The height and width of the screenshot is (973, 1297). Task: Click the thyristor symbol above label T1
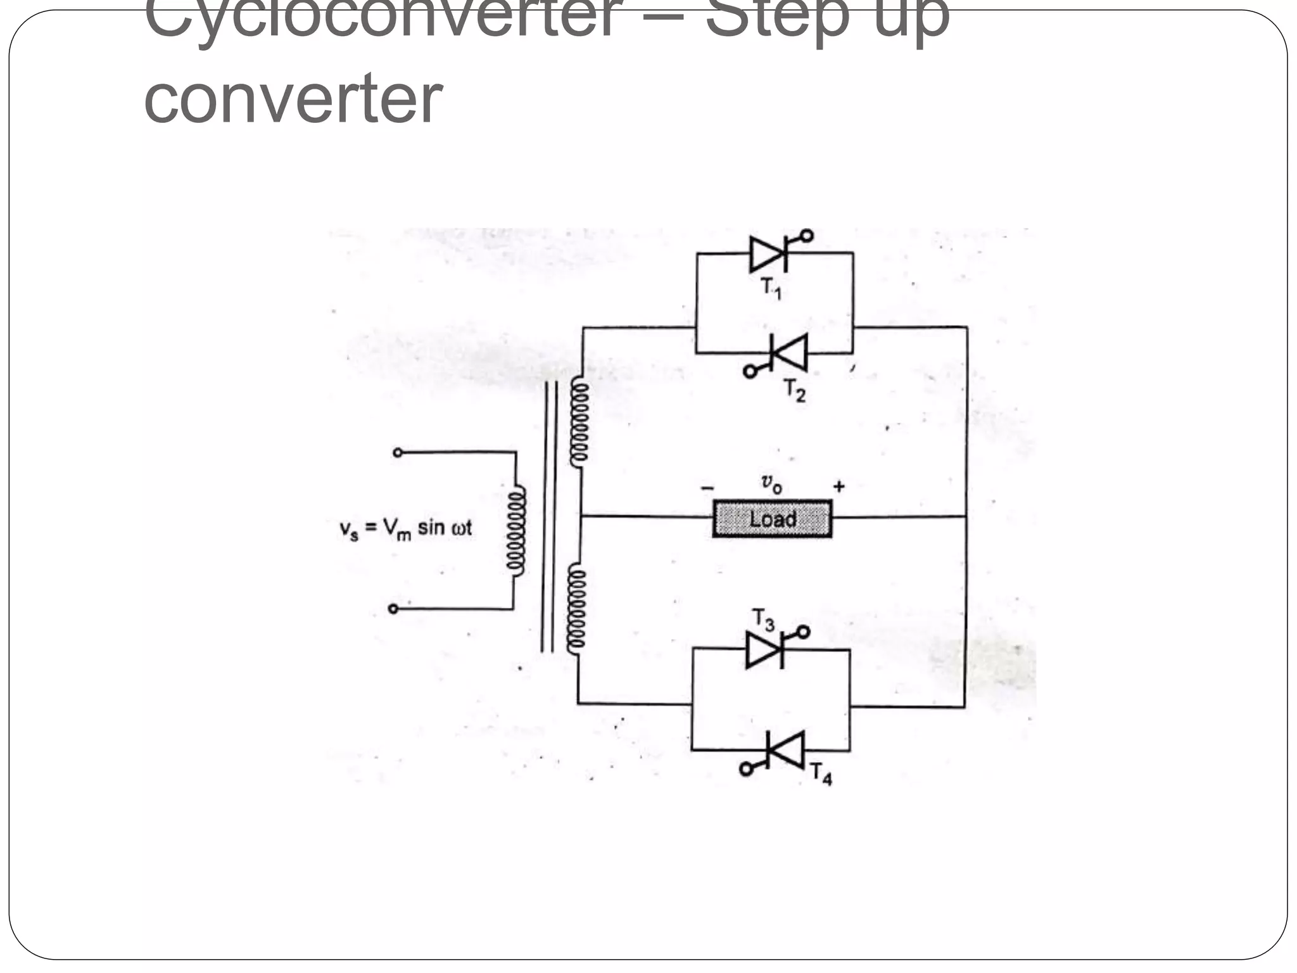768,253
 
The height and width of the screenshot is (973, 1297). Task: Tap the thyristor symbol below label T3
766,650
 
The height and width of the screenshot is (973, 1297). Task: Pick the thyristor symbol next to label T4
785,750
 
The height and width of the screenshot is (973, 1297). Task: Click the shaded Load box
772,519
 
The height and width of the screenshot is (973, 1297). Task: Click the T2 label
795,390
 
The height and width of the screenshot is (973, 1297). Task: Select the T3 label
764,620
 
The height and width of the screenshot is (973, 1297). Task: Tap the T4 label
821,773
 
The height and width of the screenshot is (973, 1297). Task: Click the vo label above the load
771,484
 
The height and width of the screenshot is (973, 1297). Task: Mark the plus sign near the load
839,486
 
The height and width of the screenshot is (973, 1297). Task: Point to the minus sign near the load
707,488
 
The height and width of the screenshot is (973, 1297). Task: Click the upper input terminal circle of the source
398,452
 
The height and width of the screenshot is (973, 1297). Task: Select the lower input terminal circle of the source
393,609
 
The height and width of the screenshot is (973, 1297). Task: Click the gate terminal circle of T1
806,236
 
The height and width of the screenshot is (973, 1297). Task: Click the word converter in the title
293,99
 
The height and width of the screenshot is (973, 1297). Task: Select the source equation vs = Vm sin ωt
406,528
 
